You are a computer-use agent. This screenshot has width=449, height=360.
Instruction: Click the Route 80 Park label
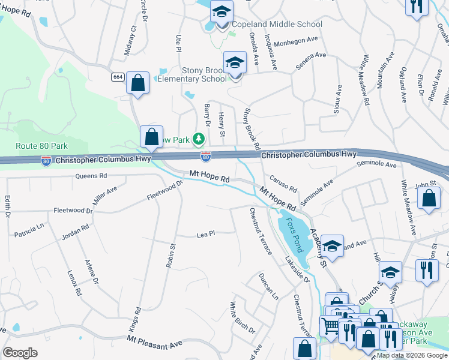pyautogui.click(x=41, y=146)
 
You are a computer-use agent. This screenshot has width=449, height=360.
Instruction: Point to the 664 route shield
pyautogui.click(x=118, y=77)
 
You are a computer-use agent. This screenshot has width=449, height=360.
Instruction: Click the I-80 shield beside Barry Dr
pyautogui.click(x=206, y=157)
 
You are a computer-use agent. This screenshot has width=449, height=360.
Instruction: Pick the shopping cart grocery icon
pyautogui.click(x=329, y=326)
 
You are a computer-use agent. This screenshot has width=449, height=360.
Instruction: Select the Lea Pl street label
pyautogui.click(x=206, y=235)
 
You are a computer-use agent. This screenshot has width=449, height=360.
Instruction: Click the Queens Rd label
pyautogui.click(x=91, y=176)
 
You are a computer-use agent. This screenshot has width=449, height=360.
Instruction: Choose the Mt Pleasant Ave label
pyautogui.click(x=154, y=342)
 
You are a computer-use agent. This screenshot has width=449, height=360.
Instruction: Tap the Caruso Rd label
pyautogui.click(x=283, y=184)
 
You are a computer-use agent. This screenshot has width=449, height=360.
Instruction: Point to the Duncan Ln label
pyautogui.click(x=268, y=286)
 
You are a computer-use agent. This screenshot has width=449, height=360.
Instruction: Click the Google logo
pyautogui.click(x=20, y=353)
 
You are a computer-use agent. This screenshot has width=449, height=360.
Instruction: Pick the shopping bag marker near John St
pyautogui.click(x=428, y=199)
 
